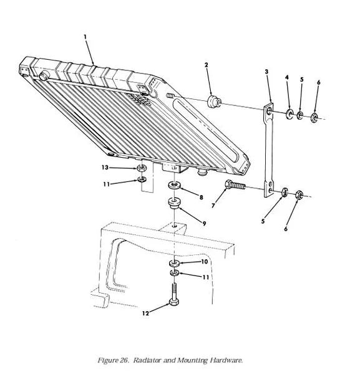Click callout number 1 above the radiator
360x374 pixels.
click(85, 37)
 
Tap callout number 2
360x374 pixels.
click(207, 65)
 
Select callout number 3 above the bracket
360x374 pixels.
click(266, 71)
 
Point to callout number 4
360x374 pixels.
click(287, 77)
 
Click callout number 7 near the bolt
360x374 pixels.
click(213, 205)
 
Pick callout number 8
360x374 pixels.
click(202, 197)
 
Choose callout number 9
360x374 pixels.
click(204, 224)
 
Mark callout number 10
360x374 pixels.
click(205, 262)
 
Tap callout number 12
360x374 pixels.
click(145, 313)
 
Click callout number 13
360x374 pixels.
click(105, 168)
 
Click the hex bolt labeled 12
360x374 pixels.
click(174, 294)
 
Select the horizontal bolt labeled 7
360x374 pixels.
click(235, 185)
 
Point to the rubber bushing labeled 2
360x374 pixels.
click(214, 101)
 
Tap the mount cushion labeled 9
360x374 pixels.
click(175, 203)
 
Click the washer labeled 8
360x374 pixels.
click(175, 185)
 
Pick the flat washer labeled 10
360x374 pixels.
click(174, 263)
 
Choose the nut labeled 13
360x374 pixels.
click(142, 168)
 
